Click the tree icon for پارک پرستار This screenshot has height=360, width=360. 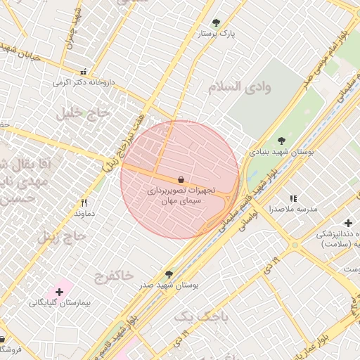click(216, 22)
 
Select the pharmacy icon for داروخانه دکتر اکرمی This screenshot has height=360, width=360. click(84, 72)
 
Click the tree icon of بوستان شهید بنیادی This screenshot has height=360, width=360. click(282, 141)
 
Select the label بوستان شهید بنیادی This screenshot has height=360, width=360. click(282, 151)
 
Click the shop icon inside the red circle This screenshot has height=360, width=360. click(181, 180)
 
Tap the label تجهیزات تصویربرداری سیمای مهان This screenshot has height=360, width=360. click(181, 195)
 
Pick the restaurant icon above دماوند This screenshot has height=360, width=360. click(84, 202)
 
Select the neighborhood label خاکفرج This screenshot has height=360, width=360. click(112, 276)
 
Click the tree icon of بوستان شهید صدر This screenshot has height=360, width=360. click(169, 274)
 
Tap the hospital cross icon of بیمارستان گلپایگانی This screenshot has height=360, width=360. click(60, 291)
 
